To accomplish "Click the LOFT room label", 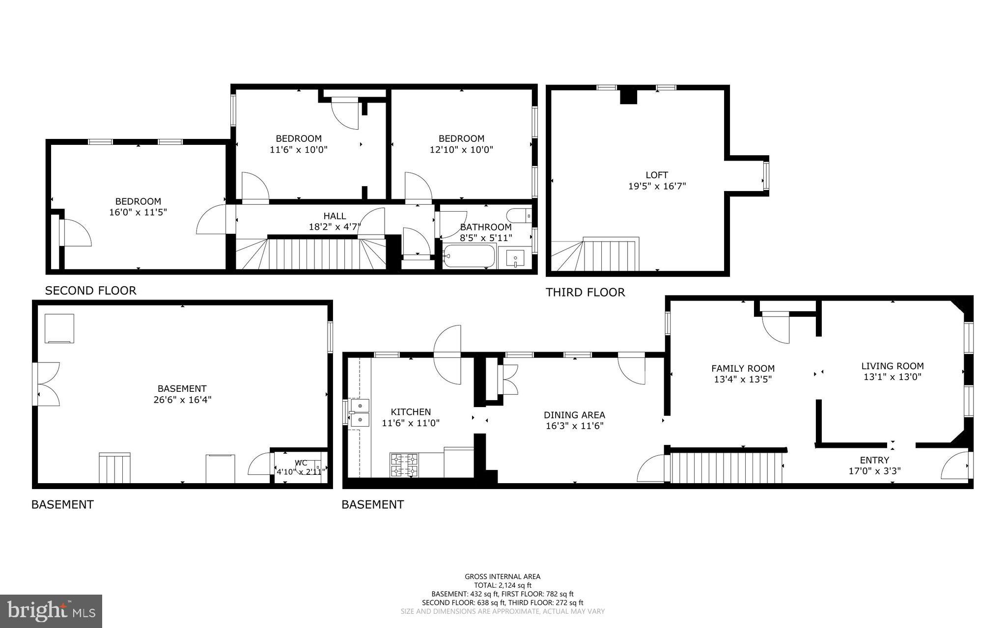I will tap(657, 175).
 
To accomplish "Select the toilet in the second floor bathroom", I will tap(519, 215).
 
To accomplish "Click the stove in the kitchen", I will tap(404, 465).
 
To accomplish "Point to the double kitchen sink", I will tap(360, 413).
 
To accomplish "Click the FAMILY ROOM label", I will tap(743, 368).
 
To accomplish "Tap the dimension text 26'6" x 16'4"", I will tap(182, 400).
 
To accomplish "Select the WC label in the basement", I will tap(301, 463).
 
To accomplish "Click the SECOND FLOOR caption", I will tap(90, 291).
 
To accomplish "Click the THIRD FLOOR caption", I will tap(585, 293).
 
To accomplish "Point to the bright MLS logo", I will tap(51, 611).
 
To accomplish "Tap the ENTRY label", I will tap(874, 460).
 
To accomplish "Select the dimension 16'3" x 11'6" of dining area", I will tap(574, 426).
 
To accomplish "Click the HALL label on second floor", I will tap(335, 216).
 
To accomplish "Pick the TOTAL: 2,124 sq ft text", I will tap(503, 585).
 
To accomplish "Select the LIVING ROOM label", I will tap(892, 366).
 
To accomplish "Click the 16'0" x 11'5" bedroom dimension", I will tap(138, 212).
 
